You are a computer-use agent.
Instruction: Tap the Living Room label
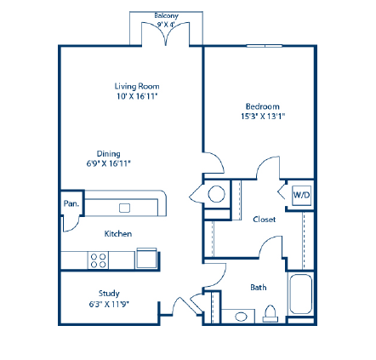click(137, 86)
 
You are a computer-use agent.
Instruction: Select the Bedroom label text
click(263, 107)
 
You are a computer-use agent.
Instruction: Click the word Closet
click(265, 219)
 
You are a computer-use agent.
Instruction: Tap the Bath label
click(258, 288)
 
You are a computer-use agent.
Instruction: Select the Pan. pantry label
click(71, 203)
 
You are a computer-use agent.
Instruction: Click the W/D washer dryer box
click(302, 195)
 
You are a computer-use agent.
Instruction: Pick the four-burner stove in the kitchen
click(99, 260)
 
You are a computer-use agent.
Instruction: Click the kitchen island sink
click(124, 207)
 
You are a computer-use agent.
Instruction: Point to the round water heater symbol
click(216, 195)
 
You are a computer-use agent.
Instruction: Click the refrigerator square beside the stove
click(146, 258)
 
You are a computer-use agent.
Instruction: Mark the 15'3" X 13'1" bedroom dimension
click(263, 114)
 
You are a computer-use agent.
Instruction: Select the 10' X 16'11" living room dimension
click(137, 94)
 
